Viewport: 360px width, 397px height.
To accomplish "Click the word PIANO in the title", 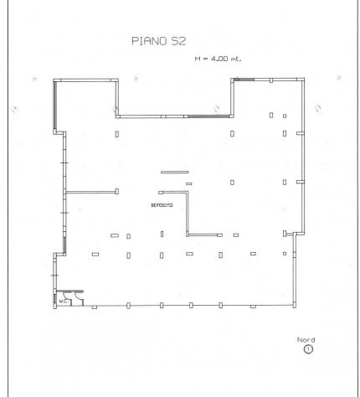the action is click(149, 41).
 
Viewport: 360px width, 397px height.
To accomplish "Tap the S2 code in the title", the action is click(178, 41).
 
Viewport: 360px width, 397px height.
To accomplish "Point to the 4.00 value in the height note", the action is click(219, 59).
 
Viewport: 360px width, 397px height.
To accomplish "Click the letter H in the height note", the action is click(198, 59).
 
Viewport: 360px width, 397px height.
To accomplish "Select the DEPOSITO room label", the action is click(162, 205).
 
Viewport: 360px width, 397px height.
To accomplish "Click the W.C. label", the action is click(63, 302).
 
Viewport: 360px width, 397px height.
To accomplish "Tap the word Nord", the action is click(306, 340).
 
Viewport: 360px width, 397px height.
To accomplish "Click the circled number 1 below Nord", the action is click(308, 349).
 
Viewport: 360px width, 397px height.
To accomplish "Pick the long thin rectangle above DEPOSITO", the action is click(175, 173).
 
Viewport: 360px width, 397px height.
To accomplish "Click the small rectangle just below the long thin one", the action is click(189, 183).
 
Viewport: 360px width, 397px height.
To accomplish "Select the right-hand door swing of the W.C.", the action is click(80, 297).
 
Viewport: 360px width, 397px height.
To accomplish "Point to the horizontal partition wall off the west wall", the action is click(90, 192).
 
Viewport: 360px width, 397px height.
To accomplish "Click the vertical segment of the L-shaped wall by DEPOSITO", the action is click(188, 214).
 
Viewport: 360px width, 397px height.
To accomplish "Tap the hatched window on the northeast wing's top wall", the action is click(244, 80).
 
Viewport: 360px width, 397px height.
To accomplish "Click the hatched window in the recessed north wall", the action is click(208, 116).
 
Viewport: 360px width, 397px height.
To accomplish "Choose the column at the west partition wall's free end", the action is click(117, 191).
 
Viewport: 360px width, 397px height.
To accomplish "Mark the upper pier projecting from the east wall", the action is click(300, 133).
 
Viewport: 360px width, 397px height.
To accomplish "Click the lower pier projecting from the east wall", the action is click(300, 182).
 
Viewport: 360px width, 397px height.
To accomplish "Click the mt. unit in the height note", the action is click(235, 59).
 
